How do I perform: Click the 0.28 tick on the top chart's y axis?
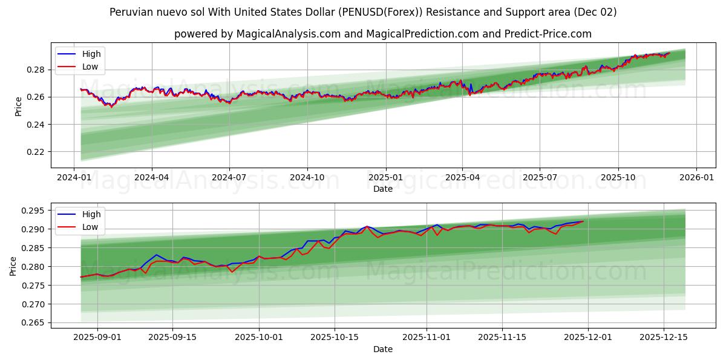35,70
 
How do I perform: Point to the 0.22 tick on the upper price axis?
35,152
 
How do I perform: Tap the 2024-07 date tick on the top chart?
229,178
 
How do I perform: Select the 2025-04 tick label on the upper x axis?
462,178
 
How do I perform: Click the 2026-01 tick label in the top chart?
696,178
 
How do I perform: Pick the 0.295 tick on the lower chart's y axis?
33,211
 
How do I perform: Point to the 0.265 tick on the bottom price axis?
33,323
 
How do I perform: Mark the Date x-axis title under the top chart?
382,189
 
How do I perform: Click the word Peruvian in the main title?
131,12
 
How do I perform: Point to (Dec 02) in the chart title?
596,12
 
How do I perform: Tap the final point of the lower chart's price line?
583,221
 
